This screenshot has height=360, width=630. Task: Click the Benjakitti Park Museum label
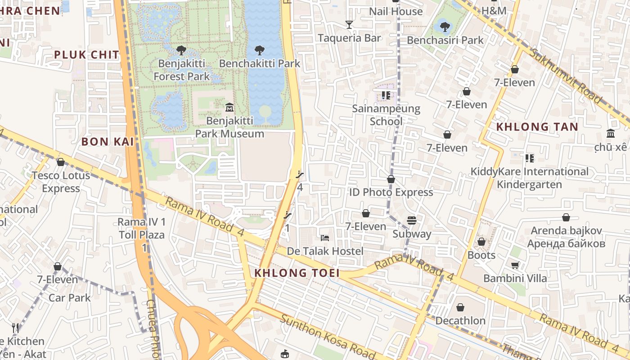229,127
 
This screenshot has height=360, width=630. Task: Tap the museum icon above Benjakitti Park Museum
229,107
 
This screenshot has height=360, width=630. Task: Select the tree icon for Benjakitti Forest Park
181,50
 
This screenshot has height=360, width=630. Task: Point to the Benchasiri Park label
445,40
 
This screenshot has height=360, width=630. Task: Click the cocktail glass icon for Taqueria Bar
349,24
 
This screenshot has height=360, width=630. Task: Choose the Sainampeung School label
386,115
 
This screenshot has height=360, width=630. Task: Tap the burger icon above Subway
412,220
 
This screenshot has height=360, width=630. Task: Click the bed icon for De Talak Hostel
325,238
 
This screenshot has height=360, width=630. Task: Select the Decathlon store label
460,321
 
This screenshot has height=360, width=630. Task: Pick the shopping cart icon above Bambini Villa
515,265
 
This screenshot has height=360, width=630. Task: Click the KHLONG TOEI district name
297,273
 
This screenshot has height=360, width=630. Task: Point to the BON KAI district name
108,142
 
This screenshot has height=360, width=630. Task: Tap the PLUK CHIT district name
86,55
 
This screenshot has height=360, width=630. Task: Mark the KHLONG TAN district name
537,127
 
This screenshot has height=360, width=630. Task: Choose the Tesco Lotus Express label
61,182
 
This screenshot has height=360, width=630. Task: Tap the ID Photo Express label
391,192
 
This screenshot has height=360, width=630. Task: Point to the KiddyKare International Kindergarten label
529,178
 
